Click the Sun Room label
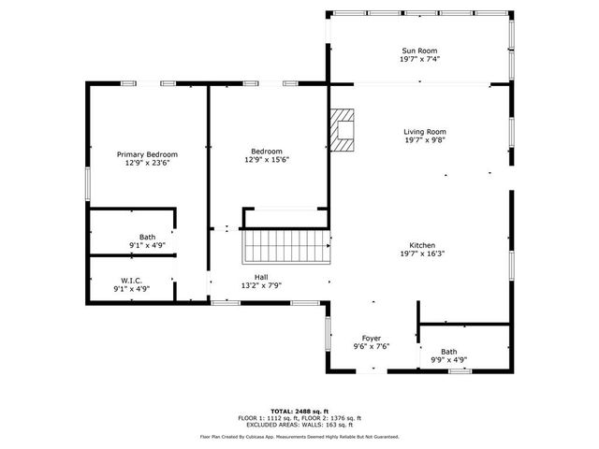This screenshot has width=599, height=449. pyautogui.click(x=420, y=51)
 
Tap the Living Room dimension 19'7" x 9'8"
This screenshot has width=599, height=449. pyautogui.click(x=424, y=141)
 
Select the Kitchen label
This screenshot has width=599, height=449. pyautogui.click(x=421, y=243)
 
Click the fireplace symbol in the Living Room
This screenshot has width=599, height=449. pyautogui.click(x=343, y=131)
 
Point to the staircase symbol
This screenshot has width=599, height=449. pyautogui.click(x=287, y=247)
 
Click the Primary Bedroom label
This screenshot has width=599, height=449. pyautogui.click(x=147, y=153)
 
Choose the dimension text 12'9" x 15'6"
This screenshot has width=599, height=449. pyautogui.click(x=269, y=160)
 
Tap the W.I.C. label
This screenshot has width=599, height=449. pyautogui.click(x=131, y=281)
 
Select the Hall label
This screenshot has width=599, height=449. pyautogui.click(x=261, y=277)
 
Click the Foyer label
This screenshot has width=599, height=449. pyautogui.click(x=372, y=338)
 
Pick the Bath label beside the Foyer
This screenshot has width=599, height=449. pyautogui.click(x=449, y=352)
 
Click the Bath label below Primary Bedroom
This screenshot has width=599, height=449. pyautogui.click(x=147, y=237)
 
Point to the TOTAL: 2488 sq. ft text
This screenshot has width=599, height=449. pyautogui.click(x=299, y=411)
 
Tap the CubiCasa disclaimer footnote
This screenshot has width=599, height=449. pyautogui.click(x=299, y=436)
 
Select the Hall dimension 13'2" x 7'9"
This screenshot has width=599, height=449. pyautogui.click(x=261, y=285)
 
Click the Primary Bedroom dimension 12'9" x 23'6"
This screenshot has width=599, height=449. pyautogui.click(x=147, y=163)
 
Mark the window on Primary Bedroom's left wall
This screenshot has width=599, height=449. pyautogui.click(x=88, y=183)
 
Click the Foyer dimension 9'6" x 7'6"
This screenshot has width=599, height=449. pyautogui.click(x=372, y=346)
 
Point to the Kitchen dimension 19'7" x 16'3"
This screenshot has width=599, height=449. pyautogui.click(x=421, y=253)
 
